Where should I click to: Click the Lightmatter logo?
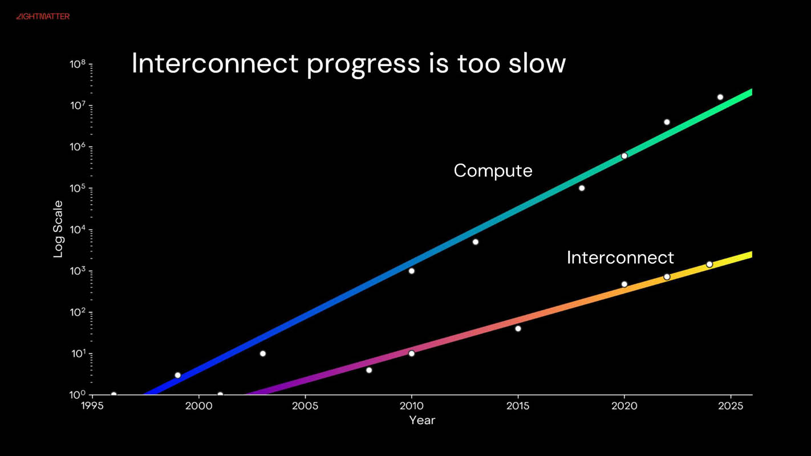pos(43,17)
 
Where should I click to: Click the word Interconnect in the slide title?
pos(215,63)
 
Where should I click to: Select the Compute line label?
pos(493,170)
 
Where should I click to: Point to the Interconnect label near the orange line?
pos(620,258)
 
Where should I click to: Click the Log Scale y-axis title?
pos(58,229)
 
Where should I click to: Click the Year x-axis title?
pos(422,420)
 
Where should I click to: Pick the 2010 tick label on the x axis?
pos(411,406)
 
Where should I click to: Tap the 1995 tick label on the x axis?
pos(92,406)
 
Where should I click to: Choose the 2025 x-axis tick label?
pos(731,406)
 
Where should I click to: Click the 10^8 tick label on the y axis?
pos(78,64)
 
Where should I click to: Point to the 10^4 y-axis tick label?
pos(78,230)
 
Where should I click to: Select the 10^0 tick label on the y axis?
pos(78,395)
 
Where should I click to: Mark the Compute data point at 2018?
pos(582,188)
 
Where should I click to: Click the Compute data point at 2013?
pos(475,242)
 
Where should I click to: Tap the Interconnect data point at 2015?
pos(518,328)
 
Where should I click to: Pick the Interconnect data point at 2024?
pos(709,264)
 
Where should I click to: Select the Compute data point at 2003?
pos(262,353)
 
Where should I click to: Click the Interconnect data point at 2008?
pos(369,370)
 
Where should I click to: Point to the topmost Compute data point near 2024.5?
pos(720,97)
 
